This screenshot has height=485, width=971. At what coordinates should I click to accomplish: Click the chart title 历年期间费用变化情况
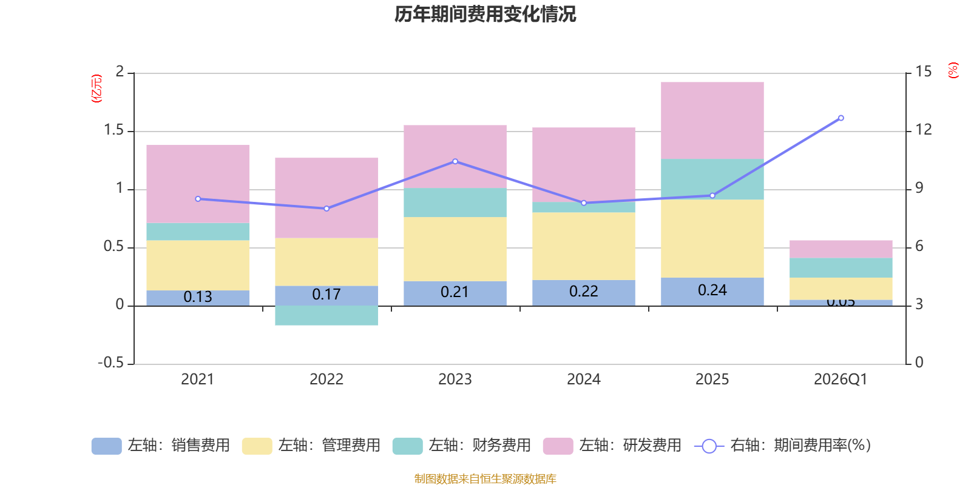tap(485, 14)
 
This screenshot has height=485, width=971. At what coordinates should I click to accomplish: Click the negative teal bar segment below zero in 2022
tap(326, 316)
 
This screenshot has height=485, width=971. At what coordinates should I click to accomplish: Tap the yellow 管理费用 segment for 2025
tap(712, 238)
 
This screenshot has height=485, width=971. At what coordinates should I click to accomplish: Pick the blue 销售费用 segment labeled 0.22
tap(583, 292)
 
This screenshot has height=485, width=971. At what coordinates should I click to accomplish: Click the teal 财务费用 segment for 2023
tap(455, 202)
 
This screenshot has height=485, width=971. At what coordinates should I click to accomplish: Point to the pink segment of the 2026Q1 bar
tap(841, 249)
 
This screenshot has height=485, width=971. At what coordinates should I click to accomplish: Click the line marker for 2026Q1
tap(841, 118)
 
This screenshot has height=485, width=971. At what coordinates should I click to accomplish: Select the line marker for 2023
tap(455, 161)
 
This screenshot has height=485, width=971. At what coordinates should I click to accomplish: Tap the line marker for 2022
tap(326, 209)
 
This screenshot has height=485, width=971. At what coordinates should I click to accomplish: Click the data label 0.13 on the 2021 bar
tap(198, 297)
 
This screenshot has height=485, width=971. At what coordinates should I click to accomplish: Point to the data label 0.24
tap(712, 290)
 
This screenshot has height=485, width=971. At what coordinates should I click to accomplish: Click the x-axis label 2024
tap(583, 380)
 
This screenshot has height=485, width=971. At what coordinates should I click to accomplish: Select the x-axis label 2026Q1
tap(841, 380)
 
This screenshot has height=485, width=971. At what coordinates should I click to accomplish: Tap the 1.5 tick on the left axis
tap(113, 130)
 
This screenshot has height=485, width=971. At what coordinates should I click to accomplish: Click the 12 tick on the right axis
tap(924, 130)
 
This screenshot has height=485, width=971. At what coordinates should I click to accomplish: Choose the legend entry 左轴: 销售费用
tap(161, 446)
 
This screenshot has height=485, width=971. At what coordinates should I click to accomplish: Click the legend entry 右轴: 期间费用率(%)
tap(783, 446)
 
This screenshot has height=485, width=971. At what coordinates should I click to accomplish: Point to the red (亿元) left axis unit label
tap(96, 89)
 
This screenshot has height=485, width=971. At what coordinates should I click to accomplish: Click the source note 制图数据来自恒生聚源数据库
tap(485, 479)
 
